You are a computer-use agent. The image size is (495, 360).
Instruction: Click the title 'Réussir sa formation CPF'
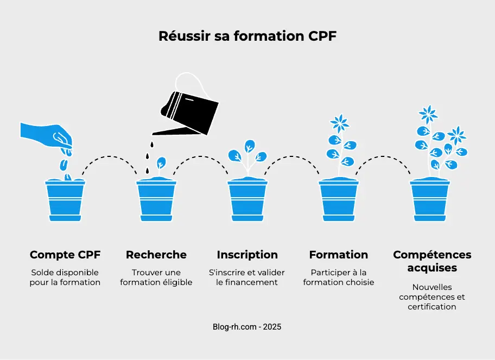pos(247,36)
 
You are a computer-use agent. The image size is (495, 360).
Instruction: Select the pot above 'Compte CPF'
pos(65,199)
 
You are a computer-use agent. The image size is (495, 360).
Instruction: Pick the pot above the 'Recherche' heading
pos(156,199)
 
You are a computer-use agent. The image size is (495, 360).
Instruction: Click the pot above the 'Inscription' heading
pos(247,199)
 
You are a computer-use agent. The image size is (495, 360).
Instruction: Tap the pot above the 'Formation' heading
pos(339,199)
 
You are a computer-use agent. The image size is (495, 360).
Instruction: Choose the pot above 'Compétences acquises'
pos(430,199)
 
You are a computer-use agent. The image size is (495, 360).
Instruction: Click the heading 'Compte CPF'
pos(65,255)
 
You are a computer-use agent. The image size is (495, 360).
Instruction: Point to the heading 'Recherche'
pos(156,255)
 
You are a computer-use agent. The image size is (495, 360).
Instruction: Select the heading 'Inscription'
pos(247,255)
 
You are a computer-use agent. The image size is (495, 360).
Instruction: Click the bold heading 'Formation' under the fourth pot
pos(339,255)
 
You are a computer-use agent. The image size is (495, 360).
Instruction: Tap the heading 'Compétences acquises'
pos(432,261)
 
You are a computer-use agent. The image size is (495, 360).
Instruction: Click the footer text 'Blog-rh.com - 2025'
pos(247,327)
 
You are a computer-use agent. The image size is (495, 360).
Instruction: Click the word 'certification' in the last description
pos(432,307)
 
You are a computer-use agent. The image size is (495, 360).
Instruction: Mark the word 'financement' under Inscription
pos(255,282)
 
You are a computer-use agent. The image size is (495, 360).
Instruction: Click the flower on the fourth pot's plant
pos(340,123)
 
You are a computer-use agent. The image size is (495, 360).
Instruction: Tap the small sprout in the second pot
pos(161,164)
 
